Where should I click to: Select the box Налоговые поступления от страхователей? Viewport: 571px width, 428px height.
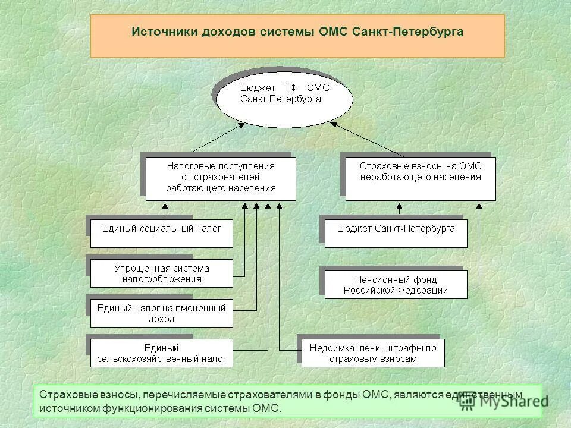(221, 178)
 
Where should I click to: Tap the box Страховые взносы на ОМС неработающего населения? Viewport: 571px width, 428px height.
(421, 178)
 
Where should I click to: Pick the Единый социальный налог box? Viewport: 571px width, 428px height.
(161, 232)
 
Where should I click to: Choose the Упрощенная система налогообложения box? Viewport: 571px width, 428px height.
(161, 273)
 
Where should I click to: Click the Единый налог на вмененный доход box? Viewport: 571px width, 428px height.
(161, 314)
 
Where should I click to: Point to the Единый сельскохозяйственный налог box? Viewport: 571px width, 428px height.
(161, 353)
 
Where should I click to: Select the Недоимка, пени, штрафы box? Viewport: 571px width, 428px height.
(373, 353)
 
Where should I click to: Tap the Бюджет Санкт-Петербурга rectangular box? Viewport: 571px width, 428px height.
(396, 232)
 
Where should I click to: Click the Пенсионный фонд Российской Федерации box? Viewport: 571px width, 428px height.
(396, 285)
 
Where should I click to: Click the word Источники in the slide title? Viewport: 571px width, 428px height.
(160, 32)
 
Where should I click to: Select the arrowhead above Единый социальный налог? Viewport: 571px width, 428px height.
(167, 206)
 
